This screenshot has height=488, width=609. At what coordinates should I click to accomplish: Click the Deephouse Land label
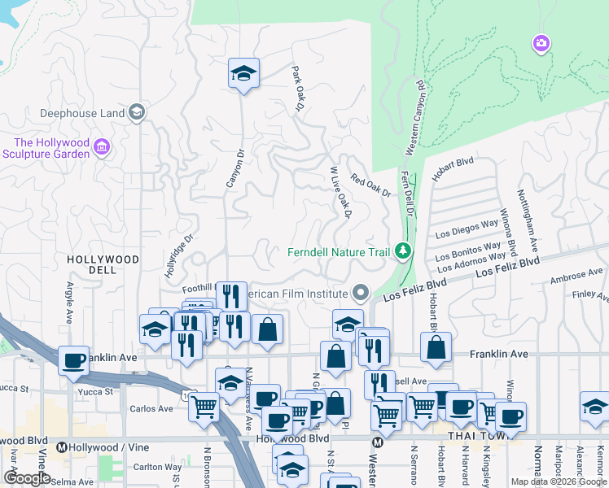(x=71, y=113)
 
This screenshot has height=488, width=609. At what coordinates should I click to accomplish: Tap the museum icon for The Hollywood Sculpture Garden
(x=102, y=146)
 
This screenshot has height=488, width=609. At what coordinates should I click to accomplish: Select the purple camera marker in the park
(x=541, y=42)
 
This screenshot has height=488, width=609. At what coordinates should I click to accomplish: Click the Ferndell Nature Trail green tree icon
(x=402, y=251)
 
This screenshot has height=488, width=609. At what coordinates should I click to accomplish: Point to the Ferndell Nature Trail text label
(x=339, y=251)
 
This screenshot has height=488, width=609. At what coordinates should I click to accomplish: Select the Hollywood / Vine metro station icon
(x=61, y=447)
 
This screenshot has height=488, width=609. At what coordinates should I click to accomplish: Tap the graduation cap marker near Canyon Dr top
(x=243, y=73)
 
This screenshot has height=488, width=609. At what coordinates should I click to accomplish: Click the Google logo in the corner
(x=27, y=477)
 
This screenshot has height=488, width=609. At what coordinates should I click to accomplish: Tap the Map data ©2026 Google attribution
(x=558, y=481)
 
